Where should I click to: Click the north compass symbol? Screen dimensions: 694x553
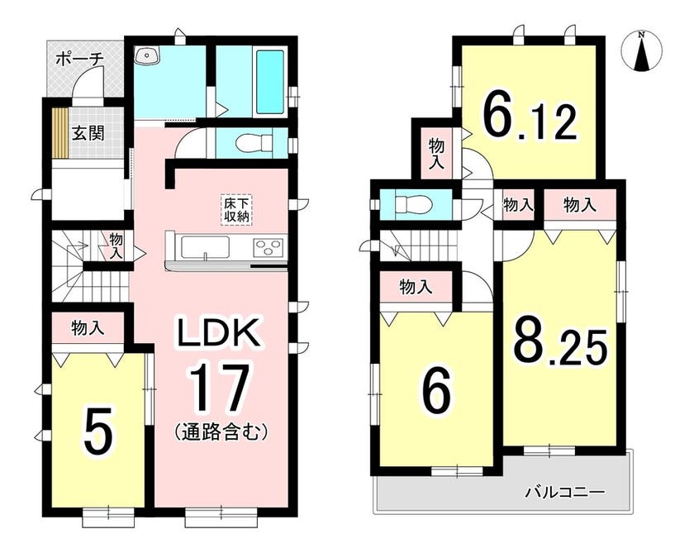pyautogui.click(x=641, y=51)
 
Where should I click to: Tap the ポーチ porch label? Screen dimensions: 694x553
pyautogui.click(x=80, y=59)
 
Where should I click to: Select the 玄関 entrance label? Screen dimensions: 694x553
pyautogui.click(x=88, y=132)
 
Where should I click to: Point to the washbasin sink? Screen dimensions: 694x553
pyautogui.click(x=148, y=55)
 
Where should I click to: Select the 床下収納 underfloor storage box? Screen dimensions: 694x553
pyautogui.click(x=237, y=210)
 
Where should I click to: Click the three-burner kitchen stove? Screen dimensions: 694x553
pyautogui.click(x=269, y=247)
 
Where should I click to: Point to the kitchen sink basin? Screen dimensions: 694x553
pyautogui.click(x=205, y=247)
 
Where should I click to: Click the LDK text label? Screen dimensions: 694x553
pyautogui.click(x=218, y=333)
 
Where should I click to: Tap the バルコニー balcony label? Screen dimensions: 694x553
pyautogui.click(x=565, y=492)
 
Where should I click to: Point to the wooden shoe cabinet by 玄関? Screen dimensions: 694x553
pyautogui.click(x=59, y=132)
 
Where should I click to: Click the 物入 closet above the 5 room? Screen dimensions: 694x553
pyautogui.click(x=88, y=328)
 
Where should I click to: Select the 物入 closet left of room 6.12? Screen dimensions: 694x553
pyautogui.click(x=436, y=153)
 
